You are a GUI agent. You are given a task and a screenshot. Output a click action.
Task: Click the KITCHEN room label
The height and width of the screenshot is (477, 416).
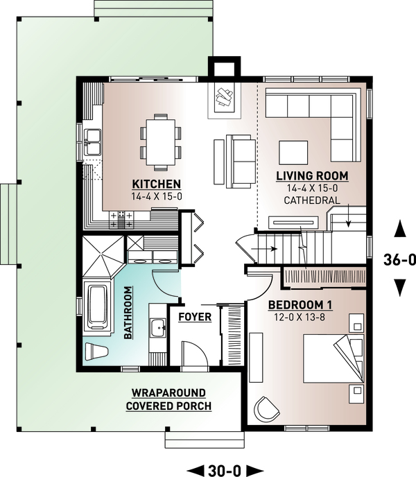point(157,184)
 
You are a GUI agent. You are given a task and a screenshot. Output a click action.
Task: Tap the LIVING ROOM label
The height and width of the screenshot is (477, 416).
point(312,176)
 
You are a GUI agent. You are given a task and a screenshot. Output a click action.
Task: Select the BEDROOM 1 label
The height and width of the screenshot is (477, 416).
point(300,305)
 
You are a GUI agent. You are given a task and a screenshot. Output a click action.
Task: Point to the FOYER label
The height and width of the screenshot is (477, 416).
point(195,317)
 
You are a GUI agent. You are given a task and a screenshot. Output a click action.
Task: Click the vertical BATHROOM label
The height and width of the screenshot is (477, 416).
point(128,313)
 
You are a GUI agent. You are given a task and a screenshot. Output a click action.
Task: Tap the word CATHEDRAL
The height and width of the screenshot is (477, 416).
point(312,200)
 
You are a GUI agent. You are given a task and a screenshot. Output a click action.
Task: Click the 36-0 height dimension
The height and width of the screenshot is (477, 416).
point(399,260)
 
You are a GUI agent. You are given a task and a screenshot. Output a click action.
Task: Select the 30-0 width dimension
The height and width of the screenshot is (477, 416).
point(225,471)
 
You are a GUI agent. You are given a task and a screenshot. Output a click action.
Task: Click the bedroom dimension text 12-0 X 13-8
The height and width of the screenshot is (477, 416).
point(300,318)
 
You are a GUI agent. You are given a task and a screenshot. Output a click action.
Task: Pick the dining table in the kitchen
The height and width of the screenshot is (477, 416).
point(160,142)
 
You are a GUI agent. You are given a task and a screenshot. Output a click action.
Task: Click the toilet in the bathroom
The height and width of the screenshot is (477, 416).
point(96,352)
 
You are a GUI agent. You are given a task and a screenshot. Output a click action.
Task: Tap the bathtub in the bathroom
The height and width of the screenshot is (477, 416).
point(97,306)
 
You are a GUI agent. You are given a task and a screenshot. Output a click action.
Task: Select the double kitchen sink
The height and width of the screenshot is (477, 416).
point(92,141)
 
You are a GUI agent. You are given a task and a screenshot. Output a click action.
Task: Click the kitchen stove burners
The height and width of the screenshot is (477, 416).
point(121,220)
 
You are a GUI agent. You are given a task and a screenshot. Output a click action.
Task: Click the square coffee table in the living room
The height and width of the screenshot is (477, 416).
point(293,153)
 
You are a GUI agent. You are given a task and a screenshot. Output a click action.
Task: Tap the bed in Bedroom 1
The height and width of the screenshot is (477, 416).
point(333,358)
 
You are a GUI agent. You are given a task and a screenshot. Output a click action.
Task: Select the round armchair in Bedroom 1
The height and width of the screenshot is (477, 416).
point(267,409)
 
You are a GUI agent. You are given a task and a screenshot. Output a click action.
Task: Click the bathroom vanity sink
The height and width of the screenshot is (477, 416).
point(157,328)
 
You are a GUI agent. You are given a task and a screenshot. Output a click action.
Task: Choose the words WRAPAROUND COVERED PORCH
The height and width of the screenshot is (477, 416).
point(168,399)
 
